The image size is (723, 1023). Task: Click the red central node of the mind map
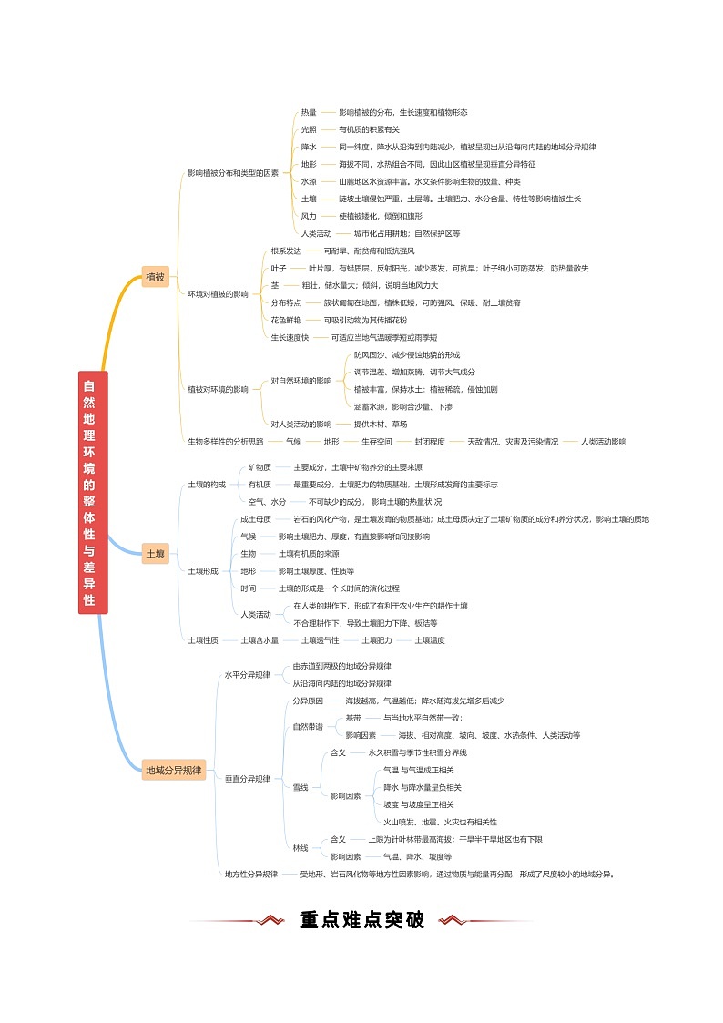tap(93, 492)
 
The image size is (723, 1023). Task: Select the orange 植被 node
tap(156, 277)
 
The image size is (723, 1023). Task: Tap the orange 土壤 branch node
tap(156, 554)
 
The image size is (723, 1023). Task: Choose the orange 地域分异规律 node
tap(174, 770)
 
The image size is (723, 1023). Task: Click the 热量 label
tap(309, 112)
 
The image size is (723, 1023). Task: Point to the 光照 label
tap(309, 129)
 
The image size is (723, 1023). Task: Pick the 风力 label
tap(309, 216)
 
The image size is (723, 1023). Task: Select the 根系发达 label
tap(286, 251)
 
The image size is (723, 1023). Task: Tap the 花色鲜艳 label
tap(286, 320)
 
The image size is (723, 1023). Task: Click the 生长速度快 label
tap(290, 337)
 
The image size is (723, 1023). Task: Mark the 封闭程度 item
tap(430, 441)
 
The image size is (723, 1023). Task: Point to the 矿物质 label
tap(260, 467)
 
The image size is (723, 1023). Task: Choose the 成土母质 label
tap(256, 519)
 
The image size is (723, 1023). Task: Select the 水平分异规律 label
tap(248, 675)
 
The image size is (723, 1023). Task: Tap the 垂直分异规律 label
tap(248, 779)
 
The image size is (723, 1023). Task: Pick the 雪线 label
tap(300, 787)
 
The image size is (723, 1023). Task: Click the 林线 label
tap(300, 848)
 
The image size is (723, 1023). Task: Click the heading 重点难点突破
tap(362, 920)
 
